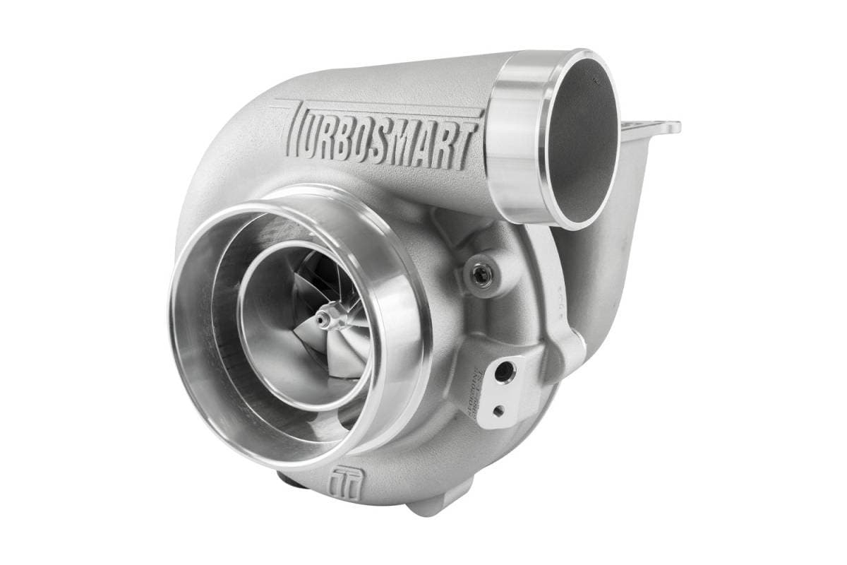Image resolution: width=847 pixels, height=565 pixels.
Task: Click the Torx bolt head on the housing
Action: (x=481, y=276)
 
